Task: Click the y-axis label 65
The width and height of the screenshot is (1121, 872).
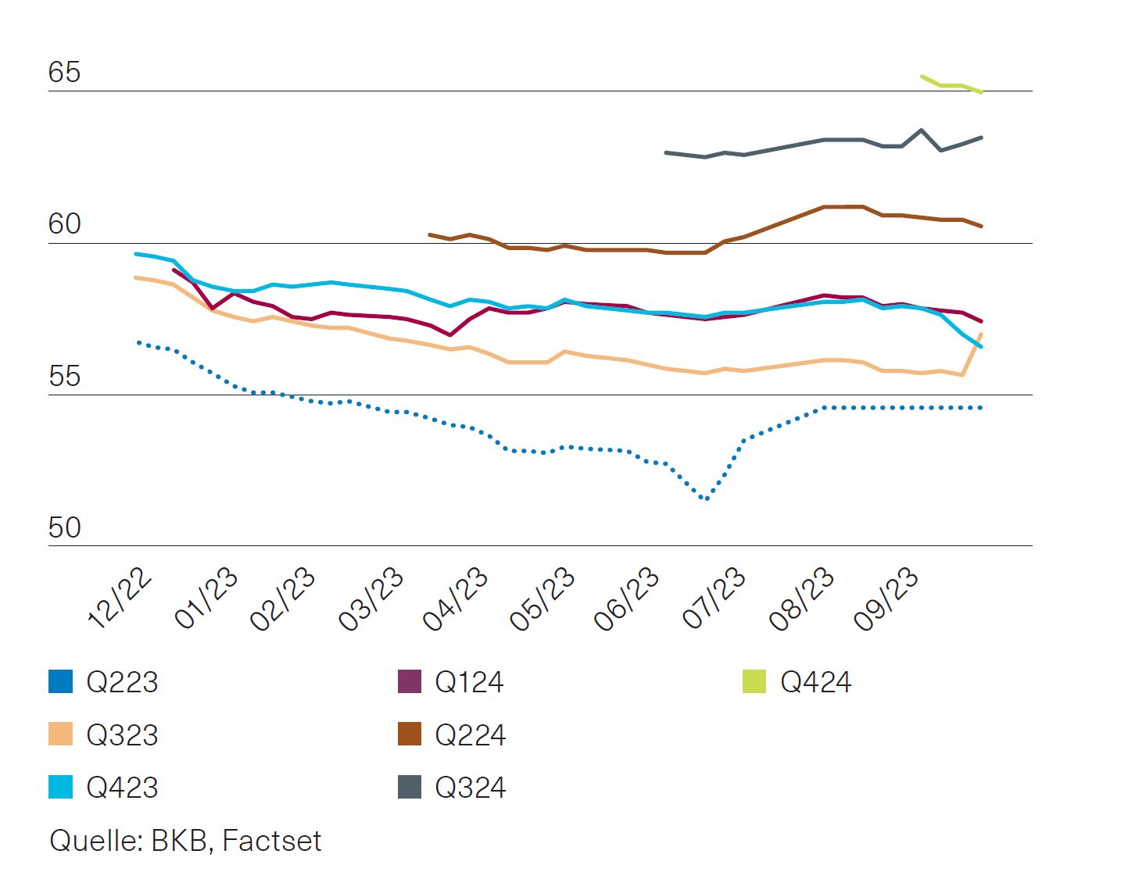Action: point(64,72)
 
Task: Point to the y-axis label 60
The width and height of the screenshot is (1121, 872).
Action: point(64,224)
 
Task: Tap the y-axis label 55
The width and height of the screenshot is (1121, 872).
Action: point(64,376)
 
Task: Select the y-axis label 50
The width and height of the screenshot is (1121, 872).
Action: point(64,527)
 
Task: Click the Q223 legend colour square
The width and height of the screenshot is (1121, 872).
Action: point(60,681)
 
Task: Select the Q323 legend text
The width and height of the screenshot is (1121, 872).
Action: point(122,734)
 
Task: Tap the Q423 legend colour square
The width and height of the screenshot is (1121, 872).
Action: point(60,787)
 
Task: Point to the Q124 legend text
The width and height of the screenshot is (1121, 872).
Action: point(469,682)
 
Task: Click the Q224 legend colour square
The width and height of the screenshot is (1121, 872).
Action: point(410,734)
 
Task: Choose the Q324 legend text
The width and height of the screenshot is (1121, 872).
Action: point(471,787)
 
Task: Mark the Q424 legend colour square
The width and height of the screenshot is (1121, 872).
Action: point(754,681)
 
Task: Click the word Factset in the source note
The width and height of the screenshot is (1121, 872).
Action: point(271,841)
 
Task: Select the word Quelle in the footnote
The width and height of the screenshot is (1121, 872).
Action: point(95,841)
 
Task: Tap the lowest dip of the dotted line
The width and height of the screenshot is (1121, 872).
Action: point(706,499)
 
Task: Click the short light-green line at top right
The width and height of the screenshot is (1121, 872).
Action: point(951,84)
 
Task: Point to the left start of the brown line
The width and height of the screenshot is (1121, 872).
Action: point(430,234)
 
